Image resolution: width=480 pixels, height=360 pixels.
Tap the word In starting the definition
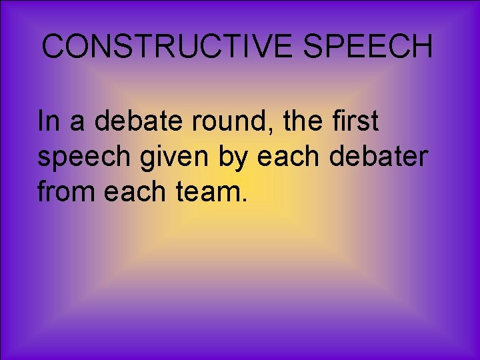click(x=49, y=122)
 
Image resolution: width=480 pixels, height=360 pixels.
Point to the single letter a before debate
click(x=79, y=123)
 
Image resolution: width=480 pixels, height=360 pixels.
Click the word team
click(x=208, y=191)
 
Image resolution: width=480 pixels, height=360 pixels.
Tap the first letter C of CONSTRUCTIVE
click(x=53, y=47)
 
